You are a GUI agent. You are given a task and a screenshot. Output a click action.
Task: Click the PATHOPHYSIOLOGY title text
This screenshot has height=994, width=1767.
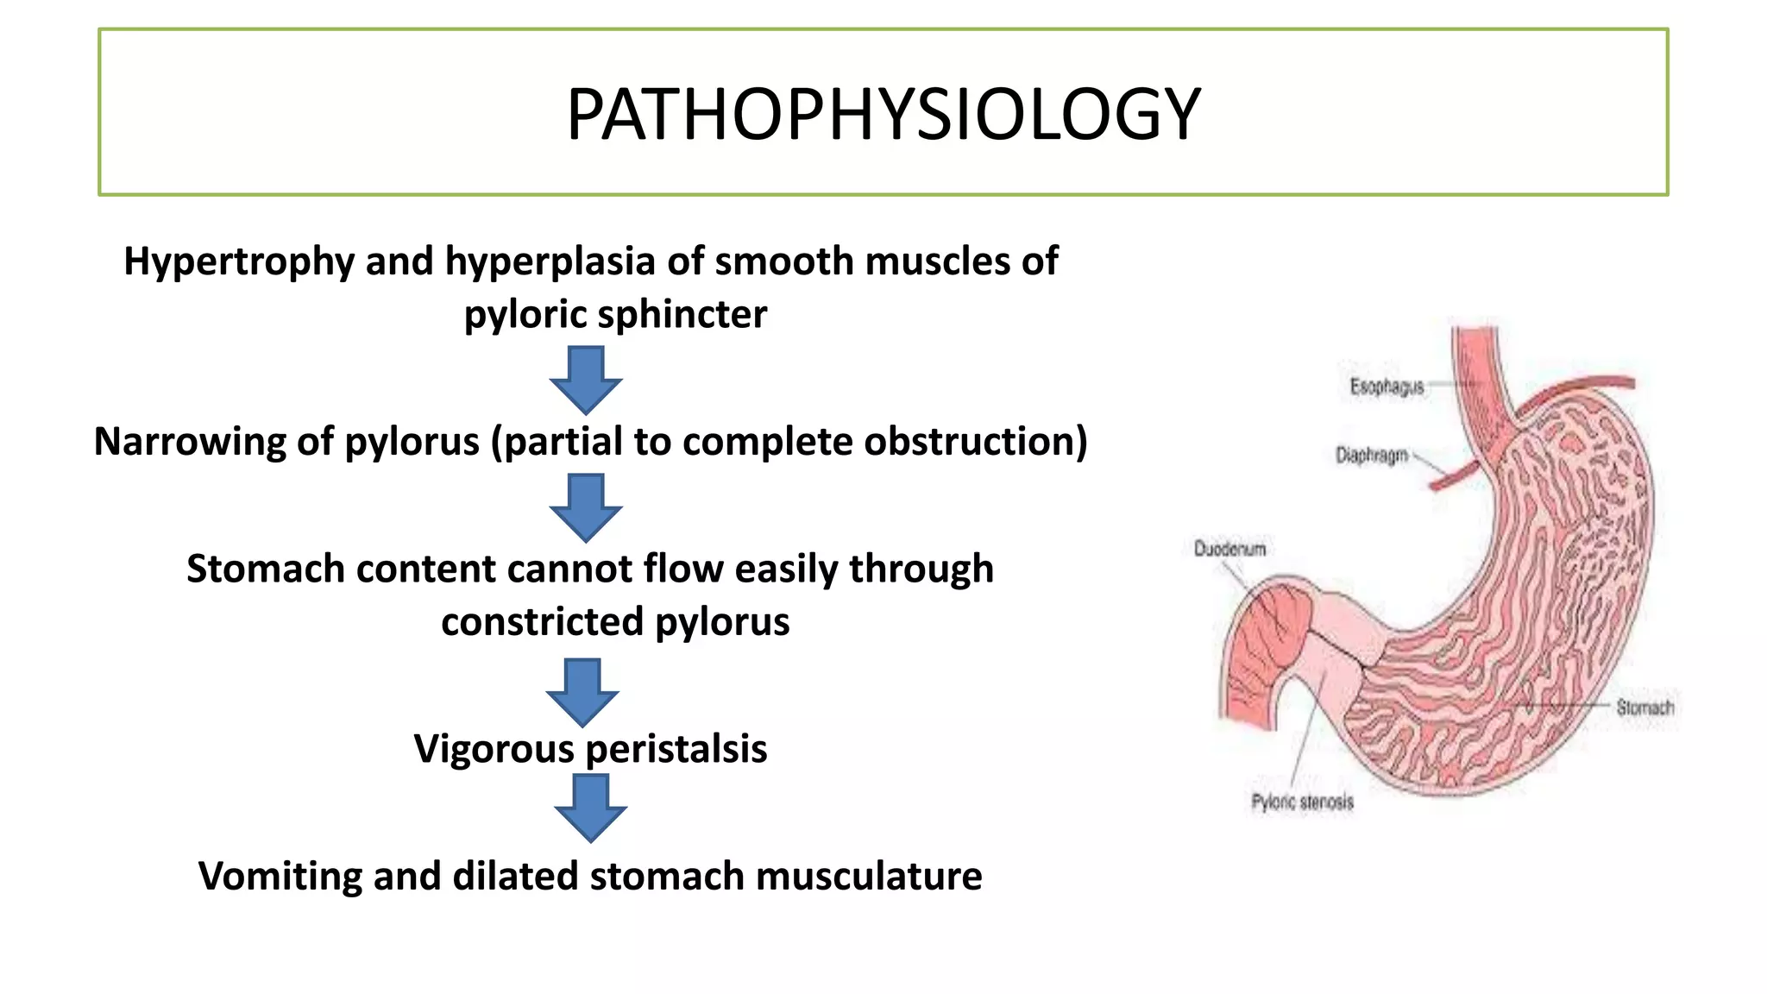pos(883,114)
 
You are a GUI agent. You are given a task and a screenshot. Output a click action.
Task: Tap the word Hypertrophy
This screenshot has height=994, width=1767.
pos(238,261)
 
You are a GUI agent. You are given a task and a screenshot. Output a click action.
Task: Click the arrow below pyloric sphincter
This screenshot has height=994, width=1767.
pos(586,380)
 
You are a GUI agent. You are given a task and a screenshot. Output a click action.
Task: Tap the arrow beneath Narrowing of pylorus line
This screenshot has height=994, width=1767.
pos(586,506)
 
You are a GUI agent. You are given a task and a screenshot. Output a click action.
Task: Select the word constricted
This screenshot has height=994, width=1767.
pos(543,622)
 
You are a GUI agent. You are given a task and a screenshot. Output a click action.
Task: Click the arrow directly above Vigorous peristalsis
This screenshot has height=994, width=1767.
pos(582,692)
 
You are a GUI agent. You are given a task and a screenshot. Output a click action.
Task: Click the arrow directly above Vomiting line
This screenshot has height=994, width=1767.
pos(590,808)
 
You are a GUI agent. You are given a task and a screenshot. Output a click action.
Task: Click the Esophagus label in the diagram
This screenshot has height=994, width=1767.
pos(1386,387)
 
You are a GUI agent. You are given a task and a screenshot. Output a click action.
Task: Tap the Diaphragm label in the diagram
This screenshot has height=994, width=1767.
pos(1371,455)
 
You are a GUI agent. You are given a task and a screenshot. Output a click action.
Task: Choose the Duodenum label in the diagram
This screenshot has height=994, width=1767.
pos(1229,549)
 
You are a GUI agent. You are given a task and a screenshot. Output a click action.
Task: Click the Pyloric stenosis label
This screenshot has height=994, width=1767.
pos(1302,802)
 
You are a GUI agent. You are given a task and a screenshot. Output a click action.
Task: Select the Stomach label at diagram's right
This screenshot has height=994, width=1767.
pos(1644,708)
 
